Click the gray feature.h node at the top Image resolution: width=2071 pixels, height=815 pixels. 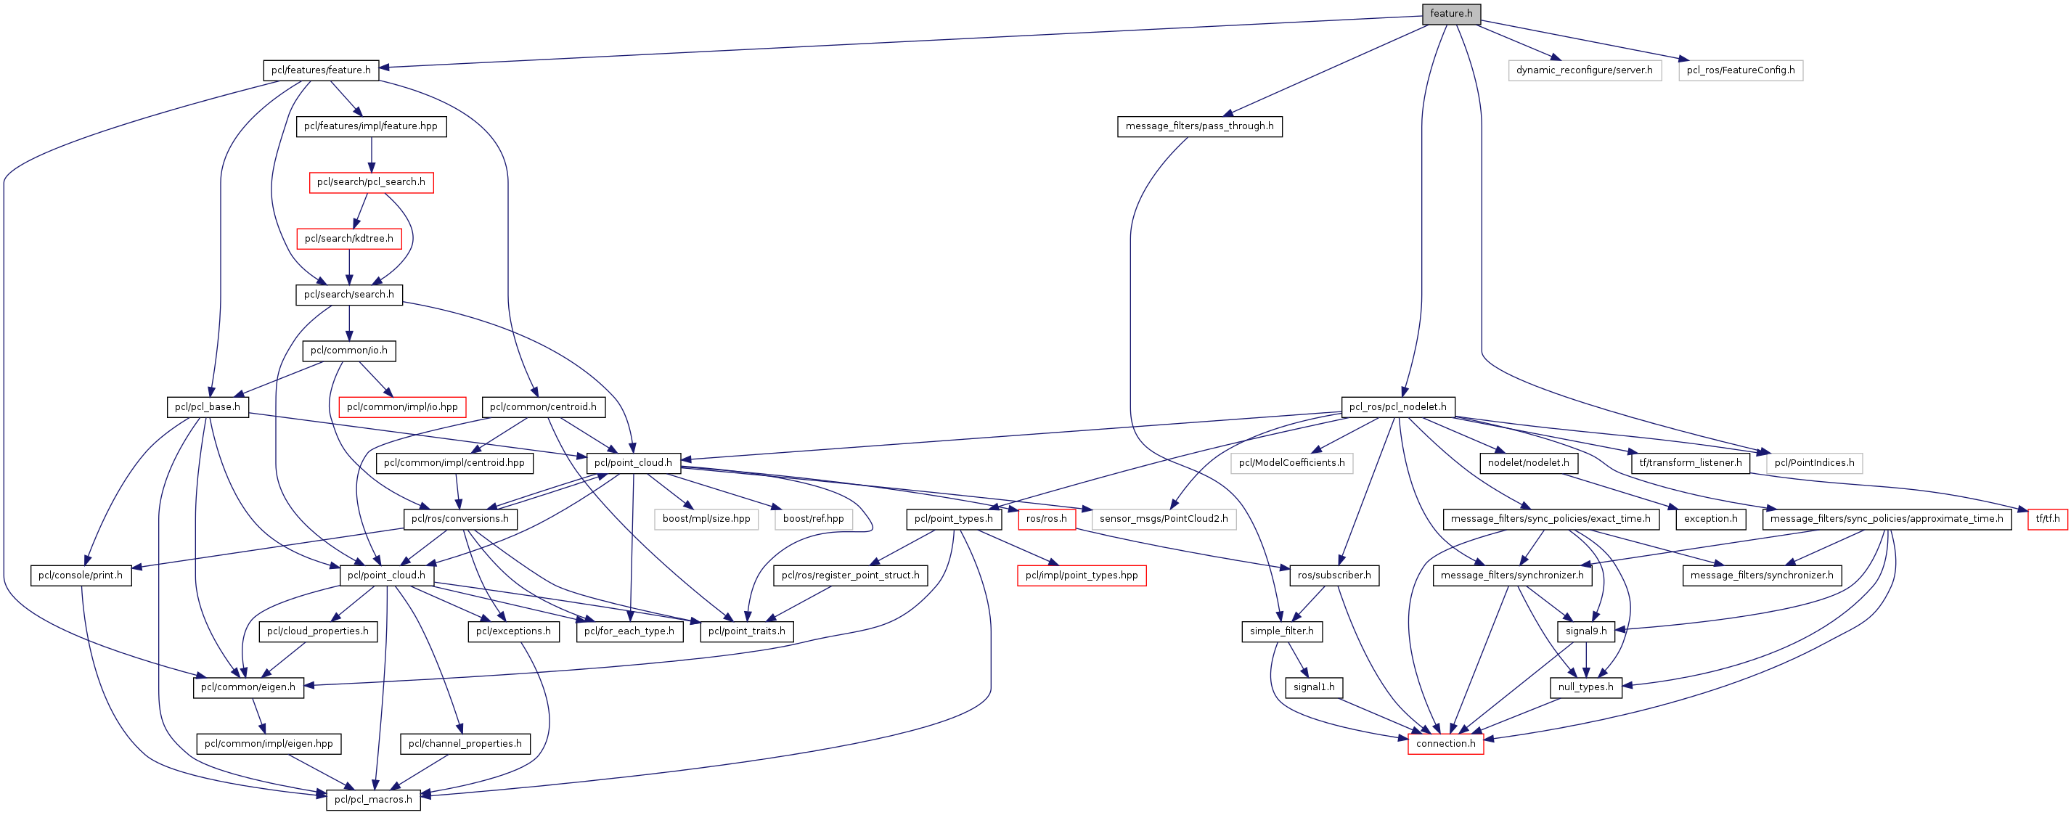click(x=1450, y=14)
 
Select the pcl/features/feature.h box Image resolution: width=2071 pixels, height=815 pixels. click(x=321, y=70)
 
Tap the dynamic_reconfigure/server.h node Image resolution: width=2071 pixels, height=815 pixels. click(x=1584, y=70)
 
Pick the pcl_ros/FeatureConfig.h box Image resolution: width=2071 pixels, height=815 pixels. click(x=1741, y=70)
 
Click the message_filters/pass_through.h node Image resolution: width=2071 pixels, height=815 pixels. click(x=1198, y=126)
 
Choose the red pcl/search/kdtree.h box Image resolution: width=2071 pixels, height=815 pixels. click(x=349, y=239)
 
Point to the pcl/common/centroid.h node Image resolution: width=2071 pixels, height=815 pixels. click(x=543, y=406)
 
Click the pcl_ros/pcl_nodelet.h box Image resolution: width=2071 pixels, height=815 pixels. click(x=1397, y=406)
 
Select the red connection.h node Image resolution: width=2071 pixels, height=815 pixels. click(x=1445, y=743)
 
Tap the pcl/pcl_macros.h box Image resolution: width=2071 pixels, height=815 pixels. click(x=373, y=800)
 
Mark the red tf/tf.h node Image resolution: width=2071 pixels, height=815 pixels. click(x=2048, y=519)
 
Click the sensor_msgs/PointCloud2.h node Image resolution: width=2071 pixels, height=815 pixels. click(x=1164, y=519)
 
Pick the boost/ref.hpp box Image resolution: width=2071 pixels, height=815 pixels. click(x=813, y=519)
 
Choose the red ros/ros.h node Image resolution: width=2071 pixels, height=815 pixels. click(x=1046, y=519)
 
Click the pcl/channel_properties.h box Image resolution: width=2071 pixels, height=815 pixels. click(x=465, y=743)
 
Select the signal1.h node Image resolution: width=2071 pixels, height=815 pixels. click(x=1314, y=687)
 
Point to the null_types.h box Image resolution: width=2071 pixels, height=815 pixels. click(x=1585, y=687)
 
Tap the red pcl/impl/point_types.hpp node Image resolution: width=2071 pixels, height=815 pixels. click(x=1082, y=576)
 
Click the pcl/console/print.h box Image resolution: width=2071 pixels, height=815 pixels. click(x=81, y=576)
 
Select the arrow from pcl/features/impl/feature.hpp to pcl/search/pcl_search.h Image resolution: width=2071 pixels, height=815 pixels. click(x=372, y=155)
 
